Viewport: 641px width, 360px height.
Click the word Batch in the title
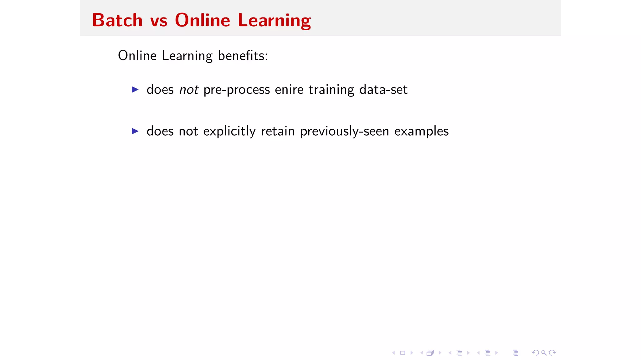(x=117, y=20)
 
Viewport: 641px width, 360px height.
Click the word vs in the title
(x=159, y=21)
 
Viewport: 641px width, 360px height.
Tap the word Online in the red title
(x=203, y=20)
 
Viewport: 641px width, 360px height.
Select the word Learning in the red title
(x=274, y=21)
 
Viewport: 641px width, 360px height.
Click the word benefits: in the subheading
(x=243, y=56)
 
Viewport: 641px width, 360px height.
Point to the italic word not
(x=189, y=90)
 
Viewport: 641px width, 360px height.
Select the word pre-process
(x=237, y=90)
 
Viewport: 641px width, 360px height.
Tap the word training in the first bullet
(x=331, y=90)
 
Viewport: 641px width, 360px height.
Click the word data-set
(x=383, y=90)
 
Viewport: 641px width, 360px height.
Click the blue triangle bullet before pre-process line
(x=135, y=90)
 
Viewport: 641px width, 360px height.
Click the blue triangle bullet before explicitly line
(x=135, y=131)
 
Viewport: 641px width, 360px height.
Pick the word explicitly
(x=229, y=131)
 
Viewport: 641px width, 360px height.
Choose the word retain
(x=278, y=131)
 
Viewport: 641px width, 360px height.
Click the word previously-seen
(x=345, y=131)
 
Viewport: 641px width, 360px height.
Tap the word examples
(x=421, y=131)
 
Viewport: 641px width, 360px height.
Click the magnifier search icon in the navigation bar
(x=544, y=353)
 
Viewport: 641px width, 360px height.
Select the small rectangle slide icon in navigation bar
(x=403, y=353)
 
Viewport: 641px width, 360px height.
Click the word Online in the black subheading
(x=137, y=56)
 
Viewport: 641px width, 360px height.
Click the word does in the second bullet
(x=160, y=131)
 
